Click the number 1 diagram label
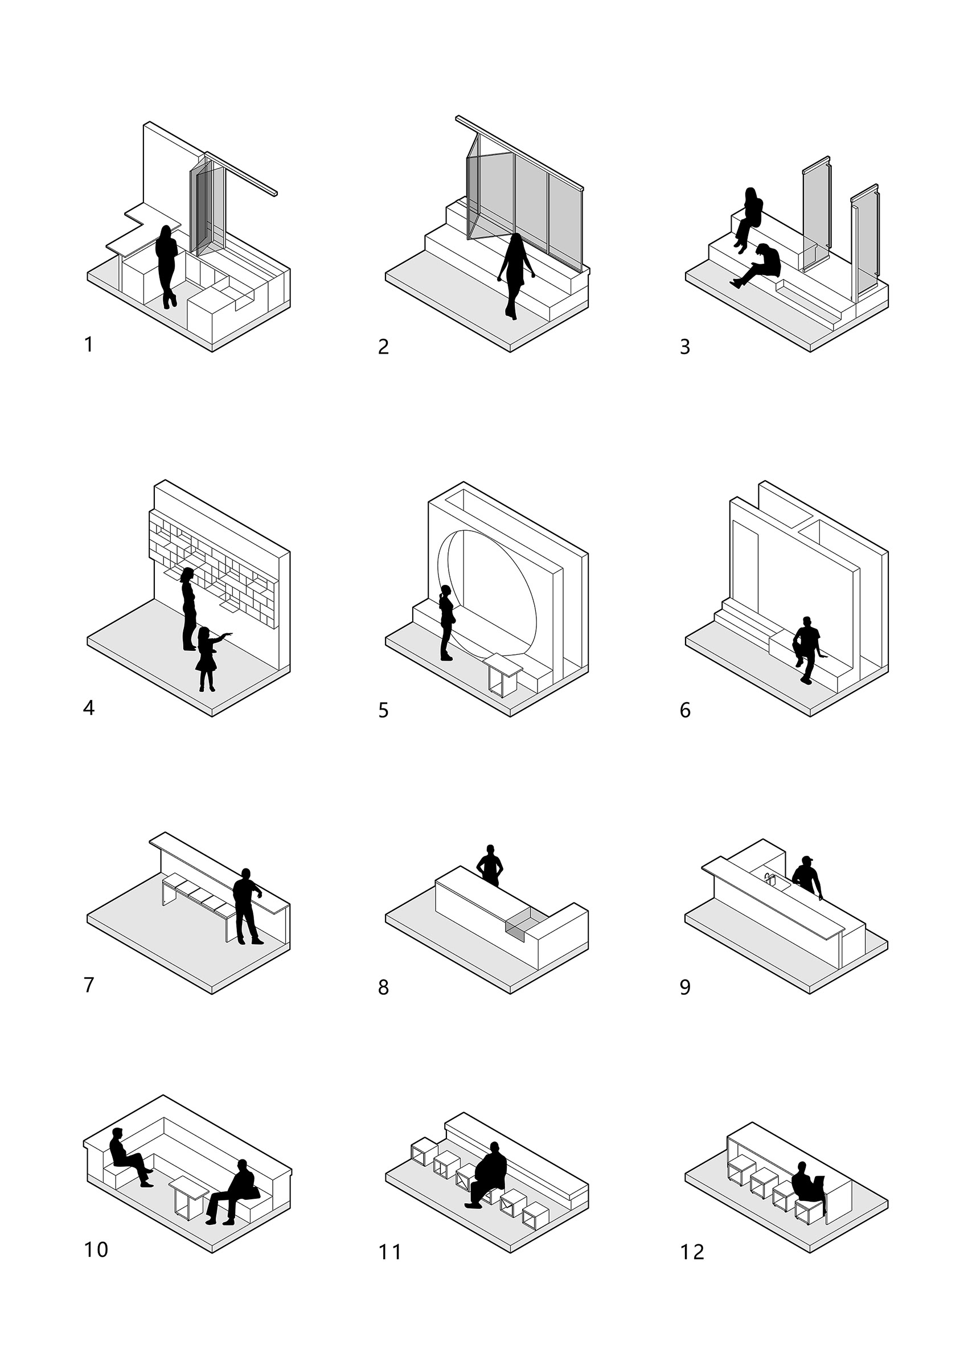[x=89, y=345]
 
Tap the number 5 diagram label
[x=383, y=710]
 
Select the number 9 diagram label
[x=685, y=987]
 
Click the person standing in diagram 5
[x=446, y=622]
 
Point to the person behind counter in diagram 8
[x=490, y=864]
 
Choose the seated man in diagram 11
[x=489, y=1175]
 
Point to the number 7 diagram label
[x=89, y=985]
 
